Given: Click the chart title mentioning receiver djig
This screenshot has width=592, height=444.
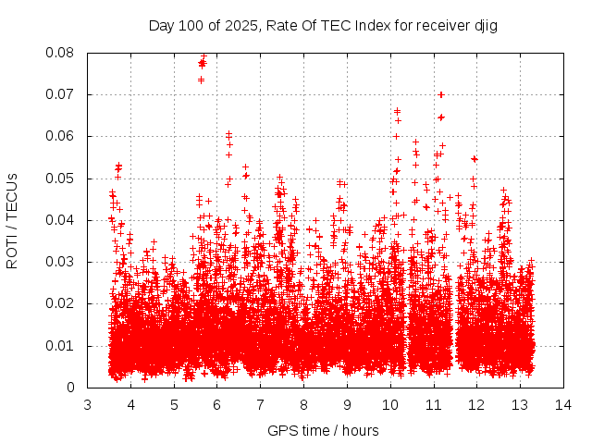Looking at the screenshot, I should tap(323, 25).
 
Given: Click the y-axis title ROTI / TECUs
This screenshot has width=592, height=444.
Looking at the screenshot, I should tap(12, 220).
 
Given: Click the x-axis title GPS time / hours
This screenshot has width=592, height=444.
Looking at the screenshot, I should tap(323, 430).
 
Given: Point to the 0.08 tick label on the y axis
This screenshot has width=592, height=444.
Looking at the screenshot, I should tap(62, 53).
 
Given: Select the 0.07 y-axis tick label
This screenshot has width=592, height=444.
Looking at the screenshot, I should tap(62, 94).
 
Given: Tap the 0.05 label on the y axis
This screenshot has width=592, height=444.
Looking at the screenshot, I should tap(62, 179).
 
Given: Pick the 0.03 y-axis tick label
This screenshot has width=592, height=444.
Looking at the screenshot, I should tap(62, 262).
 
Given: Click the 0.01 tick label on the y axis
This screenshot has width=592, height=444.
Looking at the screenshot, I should tap(62, 346).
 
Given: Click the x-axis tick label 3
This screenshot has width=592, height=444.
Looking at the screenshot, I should tap(88, 404).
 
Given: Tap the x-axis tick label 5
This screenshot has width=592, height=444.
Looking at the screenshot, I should tap(174, 404).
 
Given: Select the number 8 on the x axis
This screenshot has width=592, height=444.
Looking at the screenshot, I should tap(303, 404).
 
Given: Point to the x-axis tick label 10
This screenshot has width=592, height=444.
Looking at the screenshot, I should tap(389, 404).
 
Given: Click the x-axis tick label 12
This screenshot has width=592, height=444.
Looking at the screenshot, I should tap(476, 404).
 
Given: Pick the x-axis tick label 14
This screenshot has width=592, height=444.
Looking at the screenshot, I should tap(562, 404).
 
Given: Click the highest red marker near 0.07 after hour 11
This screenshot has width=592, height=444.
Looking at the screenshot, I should tap(441, 94).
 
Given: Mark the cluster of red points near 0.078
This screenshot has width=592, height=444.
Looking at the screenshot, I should tap(202, 63).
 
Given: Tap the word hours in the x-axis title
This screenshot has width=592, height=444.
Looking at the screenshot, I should tap(360, 430).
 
